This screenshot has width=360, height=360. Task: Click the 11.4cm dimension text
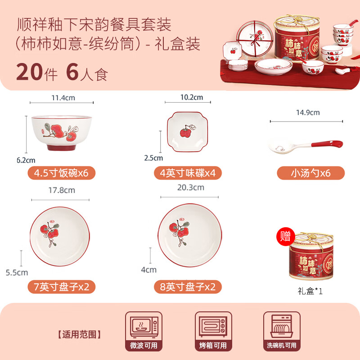[62, 97]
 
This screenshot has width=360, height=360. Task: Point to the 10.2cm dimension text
[192, 97]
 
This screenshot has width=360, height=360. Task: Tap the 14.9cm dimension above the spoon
[308, 112]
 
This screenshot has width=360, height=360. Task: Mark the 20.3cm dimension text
[191, 187]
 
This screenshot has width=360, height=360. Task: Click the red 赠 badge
[285, 237]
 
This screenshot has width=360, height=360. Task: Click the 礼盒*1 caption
[310, 291]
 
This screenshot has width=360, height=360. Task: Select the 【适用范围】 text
[79, 334]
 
